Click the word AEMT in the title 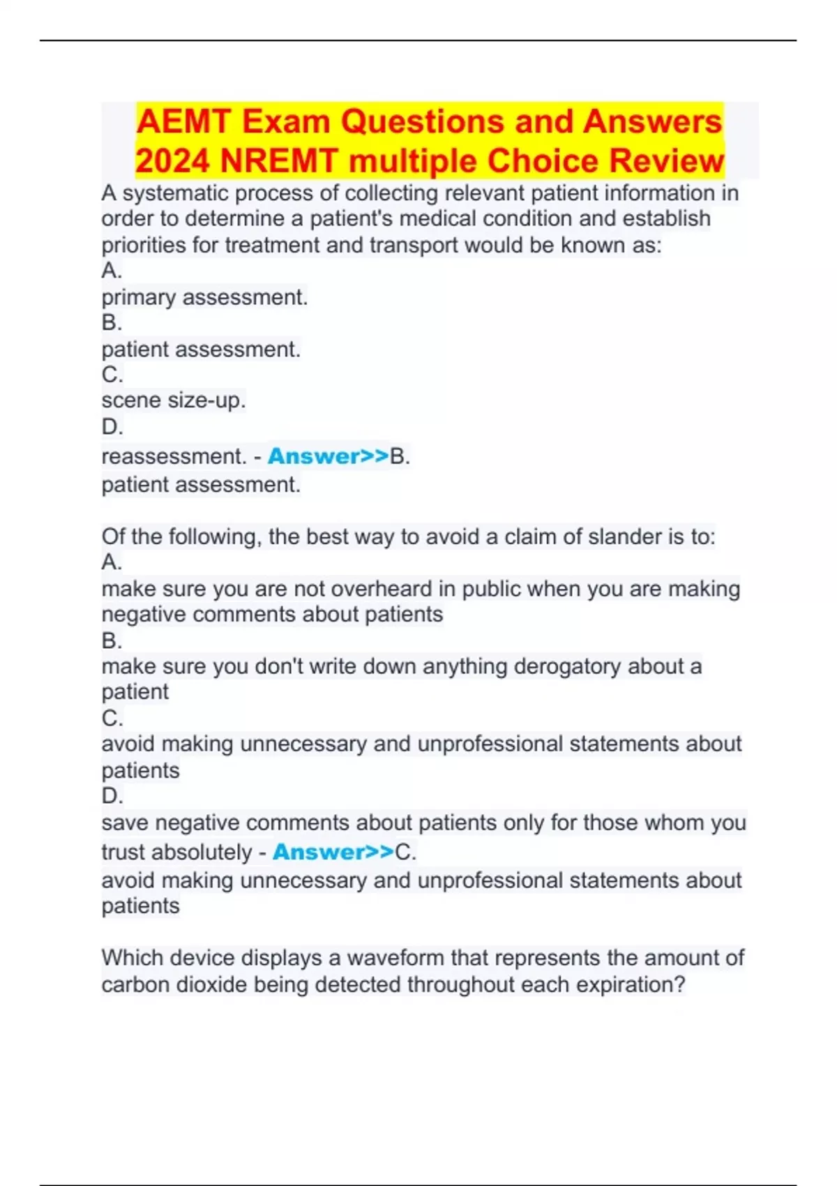(183, 121)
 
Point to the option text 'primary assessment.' (204, 297)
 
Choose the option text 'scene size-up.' (174, 400)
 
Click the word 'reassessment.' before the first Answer (174, 456)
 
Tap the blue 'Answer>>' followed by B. (328, 456)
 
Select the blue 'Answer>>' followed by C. (333, 852)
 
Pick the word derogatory (567, 666)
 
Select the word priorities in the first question (144, 246)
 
